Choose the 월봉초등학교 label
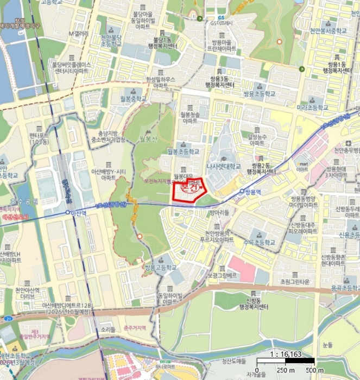183,151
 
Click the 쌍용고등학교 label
160,268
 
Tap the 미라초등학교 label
312,108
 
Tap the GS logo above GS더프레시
220,16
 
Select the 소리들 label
108,330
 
